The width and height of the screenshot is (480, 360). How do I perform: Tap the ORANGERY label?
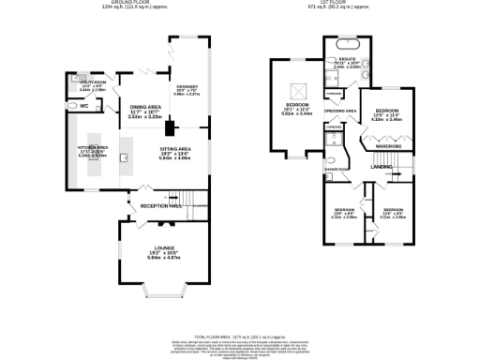[x=187, y=86]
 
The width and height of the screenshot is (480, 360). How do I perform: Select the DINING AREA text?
[x=144, y=107]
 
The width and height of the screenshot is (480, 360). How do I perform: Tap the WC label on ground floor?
[x=84, y=106]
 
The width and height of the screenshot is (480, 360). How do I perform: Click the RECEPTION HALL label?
[x=160, y=205]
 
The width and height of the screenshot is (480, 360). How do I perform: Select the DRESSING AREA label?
[x=339, y=111]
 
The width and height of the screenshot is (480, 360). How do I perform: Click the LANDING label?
[x=381, y=166]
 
